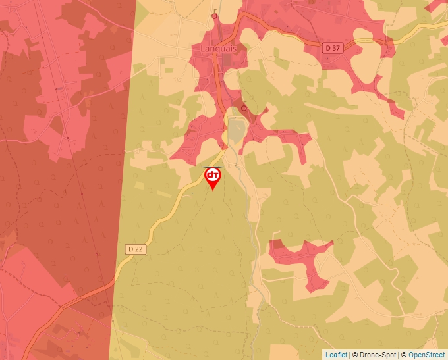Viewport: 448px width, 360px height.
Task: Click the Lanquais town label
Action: coord(219,49)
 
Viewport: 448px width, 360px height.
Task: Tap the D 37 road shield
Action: coord(332,47)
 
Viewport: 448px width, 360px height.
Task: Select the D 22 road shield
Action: coord(134,249)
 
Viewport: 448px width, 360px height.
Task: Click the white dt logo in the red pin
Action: coord(213,175)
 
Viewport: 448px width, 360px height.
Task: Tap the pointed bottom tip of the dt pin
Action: coord(213,191)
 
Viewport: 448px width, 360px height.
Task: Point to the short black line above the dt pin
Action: coord(212,167)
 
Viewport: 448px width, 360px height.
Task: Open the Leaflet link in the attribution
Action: coord(336,355)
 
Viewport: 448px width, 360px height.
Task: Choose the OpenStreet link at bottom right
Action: coord(428,355)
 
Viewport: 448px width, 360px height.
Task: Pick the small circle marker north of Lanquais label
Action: coord(214,16)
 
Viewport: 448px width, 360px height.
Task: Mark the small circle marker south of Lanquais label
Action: coord(244,107)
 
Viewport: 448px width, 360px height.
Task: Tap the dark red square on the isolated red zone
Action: coord(277,245)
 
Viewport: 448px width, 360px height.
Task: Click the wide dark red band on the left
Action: coord(66,165)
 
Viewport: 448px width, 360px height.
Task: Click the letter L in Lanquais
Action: coord(203,49)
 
